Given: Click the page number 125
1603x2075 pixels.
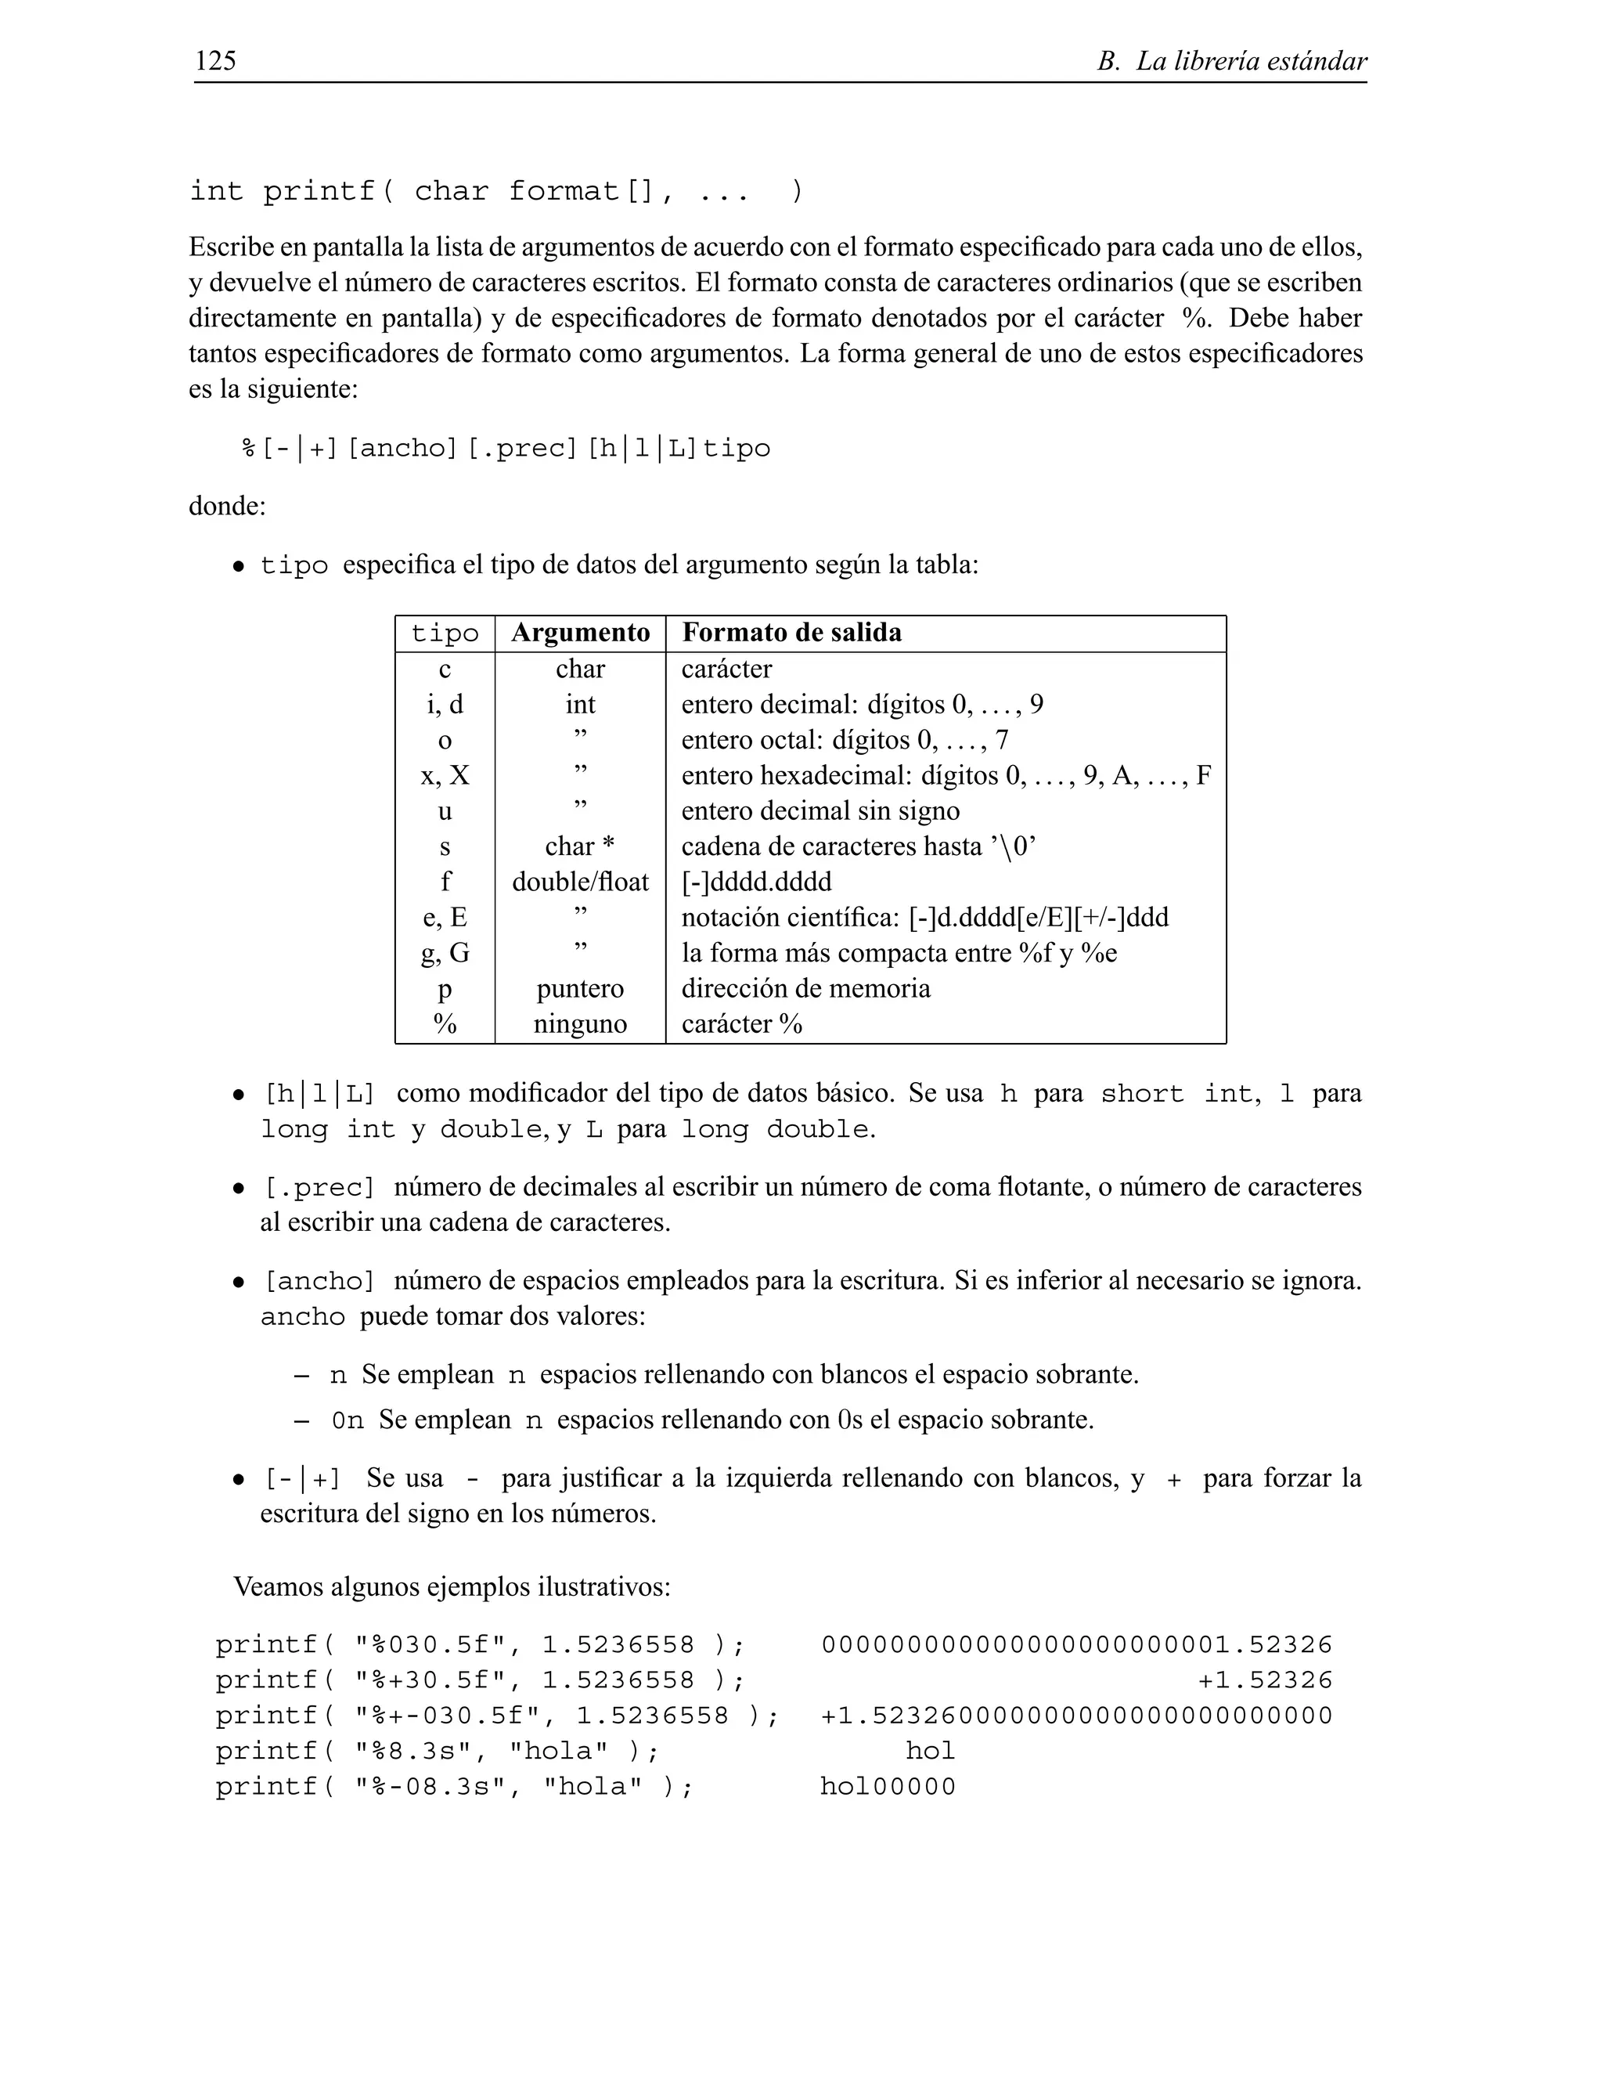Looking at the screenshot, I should [x=215, y=61].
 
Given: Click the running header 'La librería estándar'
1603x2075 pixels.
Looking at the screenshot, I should [x=1251, y=62].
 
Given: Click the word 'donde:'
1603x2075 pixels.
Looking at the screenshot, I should [x=227, y=506].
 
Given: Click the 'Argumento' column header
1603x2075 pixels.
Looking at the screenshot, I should [x=580, y=633].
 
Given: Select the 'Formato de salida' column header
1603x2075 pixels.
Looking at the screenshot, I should [x=792, y=633].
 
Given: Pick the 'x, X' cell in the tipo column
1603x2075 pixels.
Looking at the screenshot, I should [x=445, y=775].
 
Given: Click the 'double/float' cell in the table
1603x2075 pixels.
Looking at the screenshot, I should [x=580, y=882].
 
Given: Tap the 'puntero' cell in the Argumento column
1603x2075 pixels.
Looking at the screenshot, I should [x=580, y=988].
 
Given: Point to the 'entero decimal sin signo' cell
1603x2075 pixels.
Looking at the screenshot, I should [x=820, y=810].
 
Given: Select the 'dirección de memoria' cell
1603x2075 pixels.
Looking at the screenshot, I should [x=805, y=988].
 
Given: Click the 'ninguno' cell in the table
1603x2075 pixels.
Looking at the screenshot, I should [x=580, y=1024].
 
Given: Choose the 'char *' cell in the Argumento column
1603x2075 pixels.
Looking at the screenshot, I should [x=580, y=846].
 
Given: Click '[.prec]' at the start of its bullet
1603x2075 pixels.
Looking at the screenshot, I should [x=319, y=1188].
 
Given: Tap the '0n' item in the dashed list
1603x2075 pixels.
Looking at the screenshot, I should [x=348, y=1420].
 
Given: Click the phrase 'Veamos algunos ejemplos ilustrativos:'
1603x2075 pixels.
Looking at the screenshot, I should [x=452, y=1586].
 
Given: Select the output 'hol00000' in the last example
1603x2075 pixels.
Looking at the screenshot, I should [x=888, y=1787].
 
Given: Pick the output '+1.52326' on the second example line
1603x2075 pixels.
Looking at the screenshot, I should [x=1265, y=1680].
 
